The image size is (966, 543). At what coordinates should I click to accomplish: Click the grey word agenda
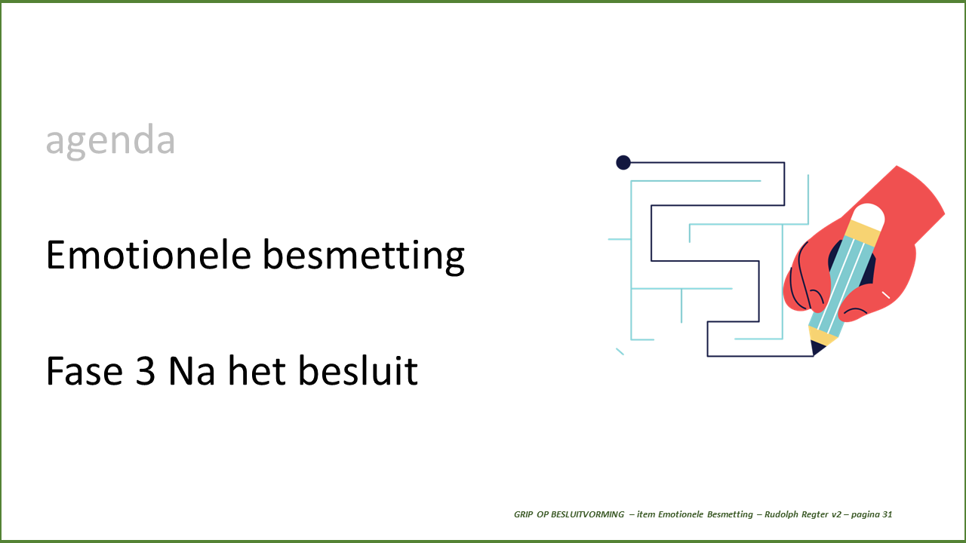click(x=110, y=140)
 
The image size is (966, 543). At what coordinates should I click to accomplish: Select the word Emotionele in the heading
click(x=149, y=255)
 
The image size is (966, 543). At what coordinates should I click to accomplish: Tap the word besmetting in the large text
click(x=364, y=257)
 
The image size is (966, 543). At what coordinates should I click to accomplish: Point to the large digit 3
click(x=146, y=370)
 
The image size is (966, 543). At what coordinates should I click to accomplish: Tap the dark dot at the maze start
click(x=623, y=162)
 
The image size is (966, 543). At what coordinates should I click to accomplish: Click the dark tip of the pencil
click(x=817, y=348)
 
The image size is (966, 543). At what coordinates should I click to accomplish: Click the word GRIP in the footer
click(x=524, y=514)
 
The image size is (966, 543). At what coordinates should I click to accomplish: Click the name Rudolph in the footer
click(x=781, y=514)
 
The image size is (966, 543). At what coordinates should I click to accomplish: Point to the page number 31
click(x=887, y=514)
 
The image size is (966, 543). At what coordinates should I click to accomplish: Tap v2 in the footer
click(x=836, y=514)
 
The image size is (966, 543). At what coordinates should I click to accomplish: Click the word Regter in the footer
click(x=814, y=515)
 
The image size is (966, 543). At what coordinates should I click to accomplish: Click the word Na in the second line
click(x=192, y=370)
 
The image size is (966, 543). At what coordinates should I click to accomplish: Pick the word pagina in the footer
click(x=865, y=515)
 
